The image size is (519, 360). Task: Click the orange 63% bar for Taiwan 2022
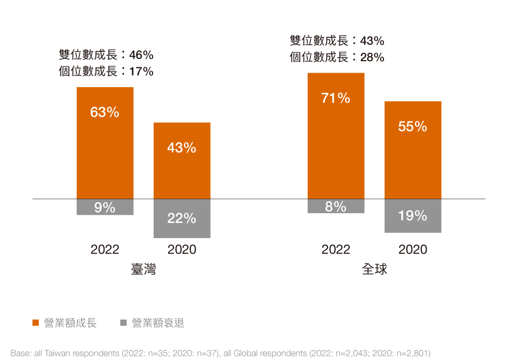pos(105,143)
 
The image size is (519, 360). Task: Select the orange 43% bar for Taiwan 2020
pos(182,160)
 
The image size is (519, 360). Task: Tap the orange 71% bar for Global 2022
pos(336,135)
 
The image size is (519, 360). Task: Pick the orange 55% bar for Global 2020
pos(413,150)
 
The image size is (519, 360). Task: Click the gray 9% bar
pos(105,207)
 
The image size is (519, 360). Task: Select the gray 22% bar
pos(182,218)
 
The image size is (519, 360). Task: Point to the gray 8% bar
pos(336,206)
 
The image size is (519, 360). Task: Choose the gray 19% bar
pos(413,216)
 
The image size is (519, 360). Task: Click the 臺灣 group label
pos(144,270)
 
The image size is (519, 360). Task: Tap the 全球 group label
pos(374,270)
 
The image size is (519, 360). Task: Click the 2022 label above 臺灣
pos(105,250)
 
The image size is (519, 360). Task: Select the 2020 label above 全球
pos(413,250)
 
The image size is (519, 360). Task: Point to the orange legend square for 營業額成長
pos(36,323)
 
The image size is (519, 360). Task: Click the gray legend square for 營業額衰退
pos(124,323)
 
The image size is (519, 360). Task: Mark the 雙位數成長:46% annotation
pos(106,55)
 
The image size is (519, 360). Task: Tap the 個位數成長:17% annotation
pos(106,72)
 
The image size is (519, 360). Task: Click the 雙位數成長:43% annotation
pos(337,40)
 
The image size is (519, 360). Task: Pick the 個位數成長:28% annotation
pos(337,57)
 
